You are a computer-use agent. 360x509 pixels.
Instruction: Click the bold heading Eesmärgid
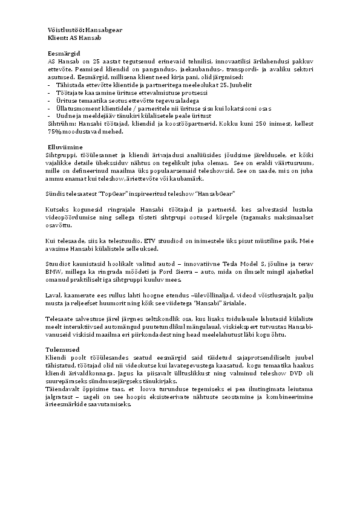[64, 54]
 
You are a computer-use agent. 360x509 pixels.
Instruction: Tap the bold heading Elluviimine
[65, 147]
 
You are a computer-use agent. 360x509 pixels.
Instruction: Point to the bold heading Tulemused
[63, 350]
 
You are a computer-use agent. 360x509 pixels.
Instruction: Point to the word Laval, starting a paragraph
[54, 295]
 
